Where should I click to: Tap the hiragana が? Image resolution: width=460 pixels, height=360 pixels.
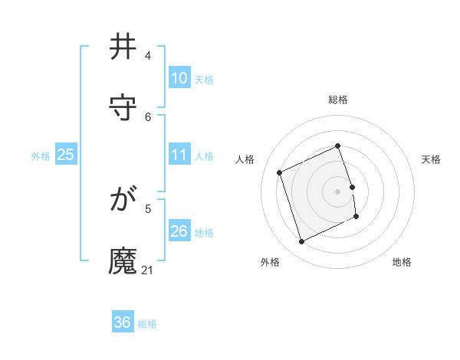click(123, 201)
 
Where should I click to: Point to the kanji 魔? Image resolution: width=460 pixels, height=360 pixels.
click(123, 261)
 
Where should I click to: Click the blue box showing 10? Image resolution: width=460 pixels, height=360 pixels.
click(179, 78)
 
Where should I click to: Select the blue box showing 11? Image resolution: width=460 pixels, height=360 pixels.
click(179, 155)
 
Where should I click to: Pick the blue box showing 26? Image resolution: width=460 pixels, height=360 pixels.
click(179, 231)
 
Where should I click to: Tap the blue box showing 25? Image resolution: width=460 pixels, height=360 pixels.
click(65, 155)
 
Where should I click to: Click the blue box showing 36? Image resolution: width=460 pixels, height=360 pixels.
click(122, 322)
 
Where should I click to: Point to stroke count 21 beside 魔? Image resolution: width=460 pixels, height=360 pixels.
click(148, 270)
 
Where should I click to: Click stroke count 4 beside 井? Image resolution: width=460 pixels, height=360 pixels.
click(148, 56)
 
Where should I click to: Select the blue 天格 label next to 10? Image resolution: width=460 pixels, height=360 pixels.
click(204, 79)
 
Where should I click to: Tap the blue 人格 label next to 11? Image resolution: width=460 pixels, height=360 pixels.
click(204, 155)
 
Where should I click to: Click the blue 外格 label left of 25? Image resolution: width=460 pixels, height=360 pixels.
click(41, 155)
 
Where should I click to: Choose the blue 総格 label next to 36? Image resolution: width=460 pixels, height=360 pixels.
click(147, 324)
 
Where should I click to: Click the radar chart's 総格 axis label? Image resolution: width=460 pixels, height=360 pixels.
click(338, 100)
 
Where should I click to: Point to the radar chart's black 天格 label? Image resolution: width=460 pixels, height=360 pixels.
click(431, 159)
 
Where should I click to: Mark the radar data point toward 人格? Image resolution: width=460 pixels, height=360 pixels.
click(280, 172)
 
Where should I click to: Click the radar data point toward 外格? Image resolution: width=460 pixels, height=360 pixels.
click(301, 242)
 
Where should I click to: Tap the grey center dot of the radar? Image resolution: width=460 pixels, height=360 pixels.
click(337, 191)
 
